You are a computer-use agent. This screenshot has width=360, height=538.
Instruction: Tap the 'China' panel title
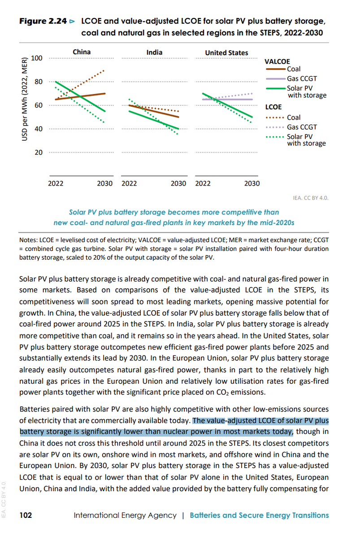(x=81, y=52)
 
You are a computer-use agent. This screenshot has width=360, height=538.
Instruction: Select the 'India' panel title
(x=154, y=52)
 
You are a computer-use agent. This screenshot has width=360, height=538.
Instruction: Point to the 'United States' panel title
(x=226, y=52)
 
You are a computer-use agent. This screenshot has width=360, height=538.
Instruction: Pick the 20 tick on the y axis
(x=39, y=152)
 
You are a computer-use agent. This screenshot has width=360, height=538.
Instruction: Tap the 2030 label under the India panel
(x=178, y=183)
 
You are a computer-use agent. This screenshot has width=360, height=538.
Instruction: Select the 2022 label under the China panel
(x=56, y=183)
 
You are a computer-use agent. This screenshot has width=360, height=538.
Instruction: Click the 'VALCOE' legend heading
(x=277, y=61)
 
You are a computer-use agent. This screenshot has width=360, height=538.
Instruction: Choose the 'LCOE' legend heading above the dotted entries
(x=273, y=107)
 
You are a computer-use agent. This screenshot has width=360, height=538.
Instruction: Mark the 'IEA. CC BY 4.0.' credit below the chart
(x=310, y=197)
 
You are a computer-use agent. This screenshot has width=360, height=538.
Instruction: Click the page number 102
(x=26, y=515)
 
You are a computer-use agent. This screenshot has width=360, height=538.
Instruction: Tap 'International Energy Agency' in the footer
(x=125, y=515)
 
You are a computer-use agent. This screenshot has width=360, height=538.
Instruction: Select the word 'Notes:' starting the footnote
(x=29, y=241)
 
